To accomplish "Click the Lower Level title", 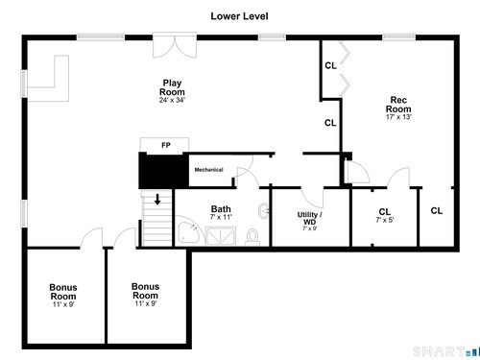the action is (x=239, y=16).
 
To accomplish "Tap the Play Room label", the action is (x=172, y=87).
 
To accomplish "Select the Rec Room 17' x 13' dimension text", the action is (x=398, y=117).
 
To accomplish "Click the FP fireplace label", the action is (x=166, y=145).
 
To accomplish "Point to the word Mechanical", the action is (x=208, y=170).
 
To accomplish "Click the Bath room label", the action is (x=221, y=209).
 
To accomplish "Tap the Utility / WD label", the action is (x=309, y=218).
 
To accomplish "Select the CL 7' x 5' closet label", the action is (x=385, y=215).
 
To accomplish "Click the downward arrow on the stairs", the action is (x=157, y=199).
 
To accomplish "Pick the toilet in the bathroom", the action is (x=252, y=237).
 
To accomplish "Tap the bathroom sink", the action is (x=264, y=211).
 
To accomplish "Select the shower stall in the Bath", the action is (x=221, y=236).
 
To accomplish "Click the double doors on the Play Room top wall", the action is (x=175, y=45).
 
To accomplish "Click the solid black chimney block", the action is (x=163, y=171).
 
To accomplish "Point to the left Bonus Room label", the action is (x=63, y=292).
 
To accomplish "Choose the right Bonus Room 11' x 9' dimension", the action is (x=146, y=303).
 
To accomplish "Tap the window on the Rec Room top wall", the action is (x=398, y=37).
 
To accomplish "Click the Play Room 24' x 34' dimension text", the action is (x=172, y=100).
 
